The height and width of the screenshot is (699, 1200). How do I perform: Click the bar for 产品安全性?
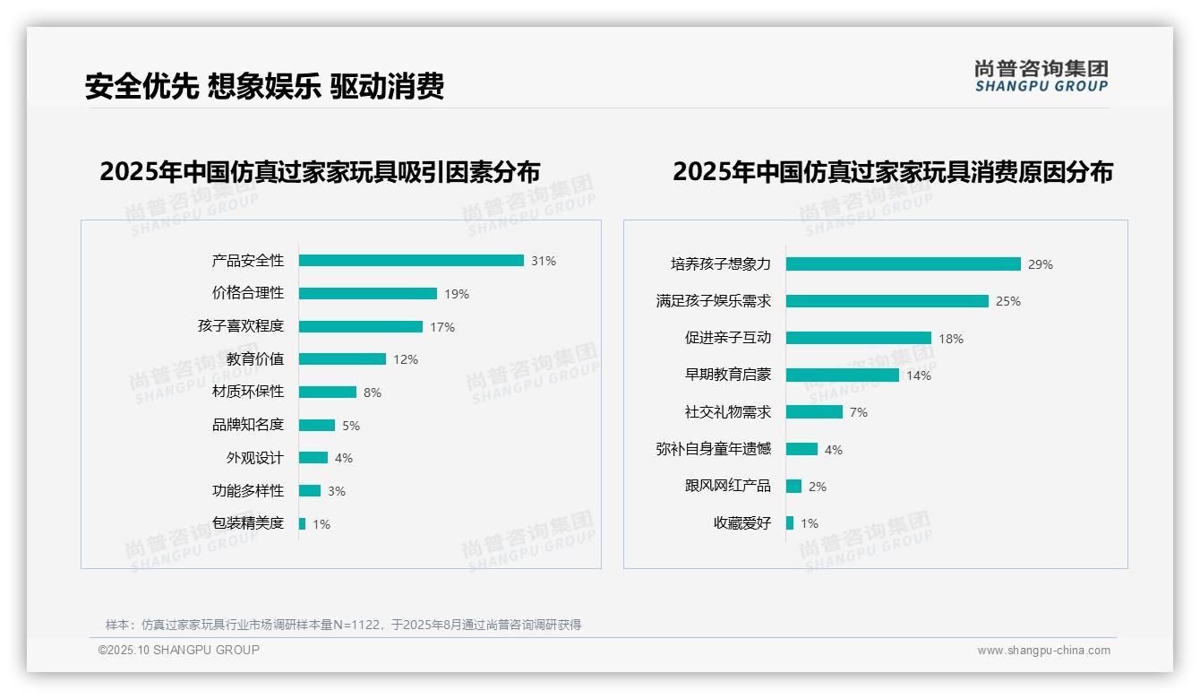(411, 261)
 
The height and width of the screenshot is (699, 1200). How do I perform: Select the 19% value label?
(457, 294)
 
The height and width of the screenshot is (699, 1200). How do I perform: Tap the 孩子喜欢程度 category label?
(240, 326)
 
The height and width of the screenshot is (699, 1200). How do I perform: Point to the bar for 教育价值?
(342, 358)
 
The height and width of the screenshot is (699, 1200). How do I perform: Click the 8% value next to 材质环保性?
(373, 393)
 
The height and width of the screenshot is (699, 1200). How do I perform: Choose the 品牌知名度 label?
(247, 425)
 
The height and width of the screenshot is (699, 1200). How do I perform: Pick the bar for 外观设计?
(313, 458)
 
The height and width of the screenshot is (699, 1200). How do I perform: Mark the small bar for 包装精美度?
(303, 523)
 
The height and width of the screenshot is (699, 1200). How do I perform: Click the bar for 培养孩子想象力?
(903, 264)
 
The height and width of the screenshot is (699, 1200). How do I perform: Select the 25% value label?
(1008, 301)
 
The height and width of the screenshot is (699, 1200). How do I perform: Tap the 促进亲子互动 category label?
(727, 338)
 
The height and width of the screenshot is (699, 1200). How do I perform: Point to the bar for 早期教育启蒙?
(842, 375)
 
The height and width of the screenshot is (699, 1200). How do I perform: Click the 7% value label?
(859, 412)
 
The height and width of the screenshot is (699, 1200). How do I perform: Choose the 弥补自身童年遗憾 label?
(713, 449)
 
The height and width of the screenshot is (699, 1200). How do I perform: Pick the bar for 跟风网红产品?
(793, 486)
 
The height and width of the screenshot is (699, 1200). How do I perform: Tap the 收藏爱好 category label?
(741, 523)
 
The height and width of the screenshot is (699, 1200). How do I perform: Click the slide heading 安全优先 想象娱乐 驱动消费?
(264, 86)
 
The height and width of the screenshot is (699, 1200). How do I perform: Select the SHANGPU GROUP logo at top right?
(1041, 76)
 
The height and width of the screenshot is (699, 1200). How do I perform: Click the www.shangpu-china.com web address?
(1043, 651)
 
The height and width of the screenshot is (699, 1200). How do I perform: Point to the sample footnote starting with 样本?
(343, 625)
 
